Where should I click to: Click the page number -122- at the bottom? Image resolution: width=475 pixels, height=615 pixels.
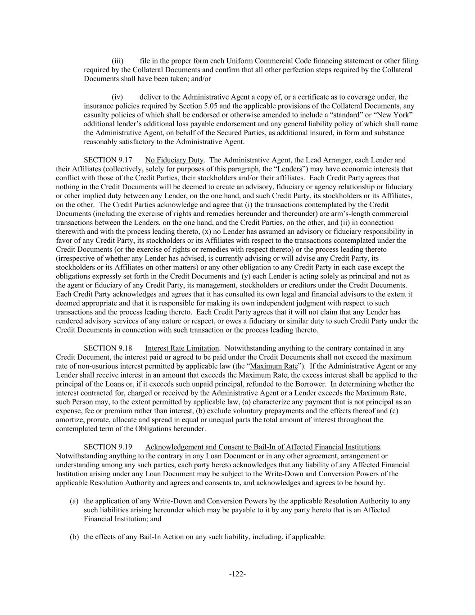point(237,574)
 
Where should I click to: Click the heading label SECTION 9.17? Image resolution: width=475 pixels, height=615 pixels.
point(108,160)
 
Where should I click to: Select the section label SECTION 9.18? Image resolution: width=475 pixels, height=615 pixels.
point(108,348)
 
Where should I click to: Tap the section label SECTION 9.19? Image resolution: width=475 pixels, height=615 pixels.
point(108,447)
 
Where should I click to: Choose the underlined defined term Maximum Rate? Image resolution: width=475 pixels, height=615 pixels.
point(274,366)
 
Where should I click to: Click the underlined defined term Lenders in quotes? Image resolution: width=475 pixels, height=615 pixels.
point(290,169)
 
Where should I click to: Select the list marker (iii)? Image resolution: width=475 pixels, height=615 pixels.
point(118,61)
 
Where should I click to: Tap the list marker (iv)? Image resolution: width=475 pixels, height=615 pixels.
point(117,97)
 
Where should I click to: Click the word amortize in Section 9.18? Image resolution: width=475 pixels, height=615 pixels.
point(69,420)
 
